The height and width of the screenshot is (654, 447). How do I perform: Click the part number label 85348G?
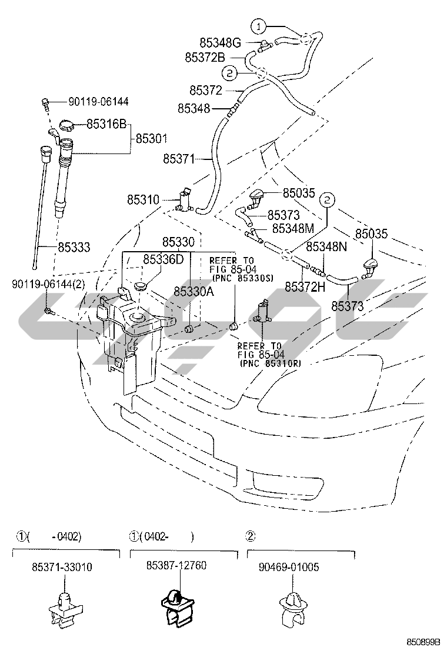(220, 43)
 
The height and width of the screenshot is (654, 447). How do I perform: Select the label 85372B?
(205, 57)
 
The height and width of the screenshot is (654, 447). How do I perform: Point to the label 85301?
(151, 139)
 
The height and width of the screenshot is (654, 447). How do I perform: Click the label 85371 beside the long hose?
(179, 159)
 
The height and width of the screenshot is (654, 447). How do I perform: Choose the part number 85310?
(143, 200)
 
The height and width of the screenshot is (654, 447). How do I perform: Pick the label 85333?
(74, 248)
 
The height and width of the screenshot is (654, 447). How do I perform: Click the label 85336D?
(164, 259)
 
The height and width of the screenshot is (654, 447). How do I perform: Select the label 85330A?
(194, 291)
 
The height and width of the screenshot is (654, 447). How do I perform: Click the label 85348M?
(293, 228)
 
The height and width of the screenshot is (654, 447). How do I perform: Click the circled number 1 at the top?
(259, 26)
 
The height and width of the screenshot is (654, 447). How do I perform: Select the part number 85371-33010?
(62, 566)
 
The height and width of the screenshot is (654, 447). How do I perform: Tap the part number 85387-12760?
(176, 565)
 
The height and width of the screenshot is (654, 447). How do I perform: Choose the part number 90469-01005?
(288, 566)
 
